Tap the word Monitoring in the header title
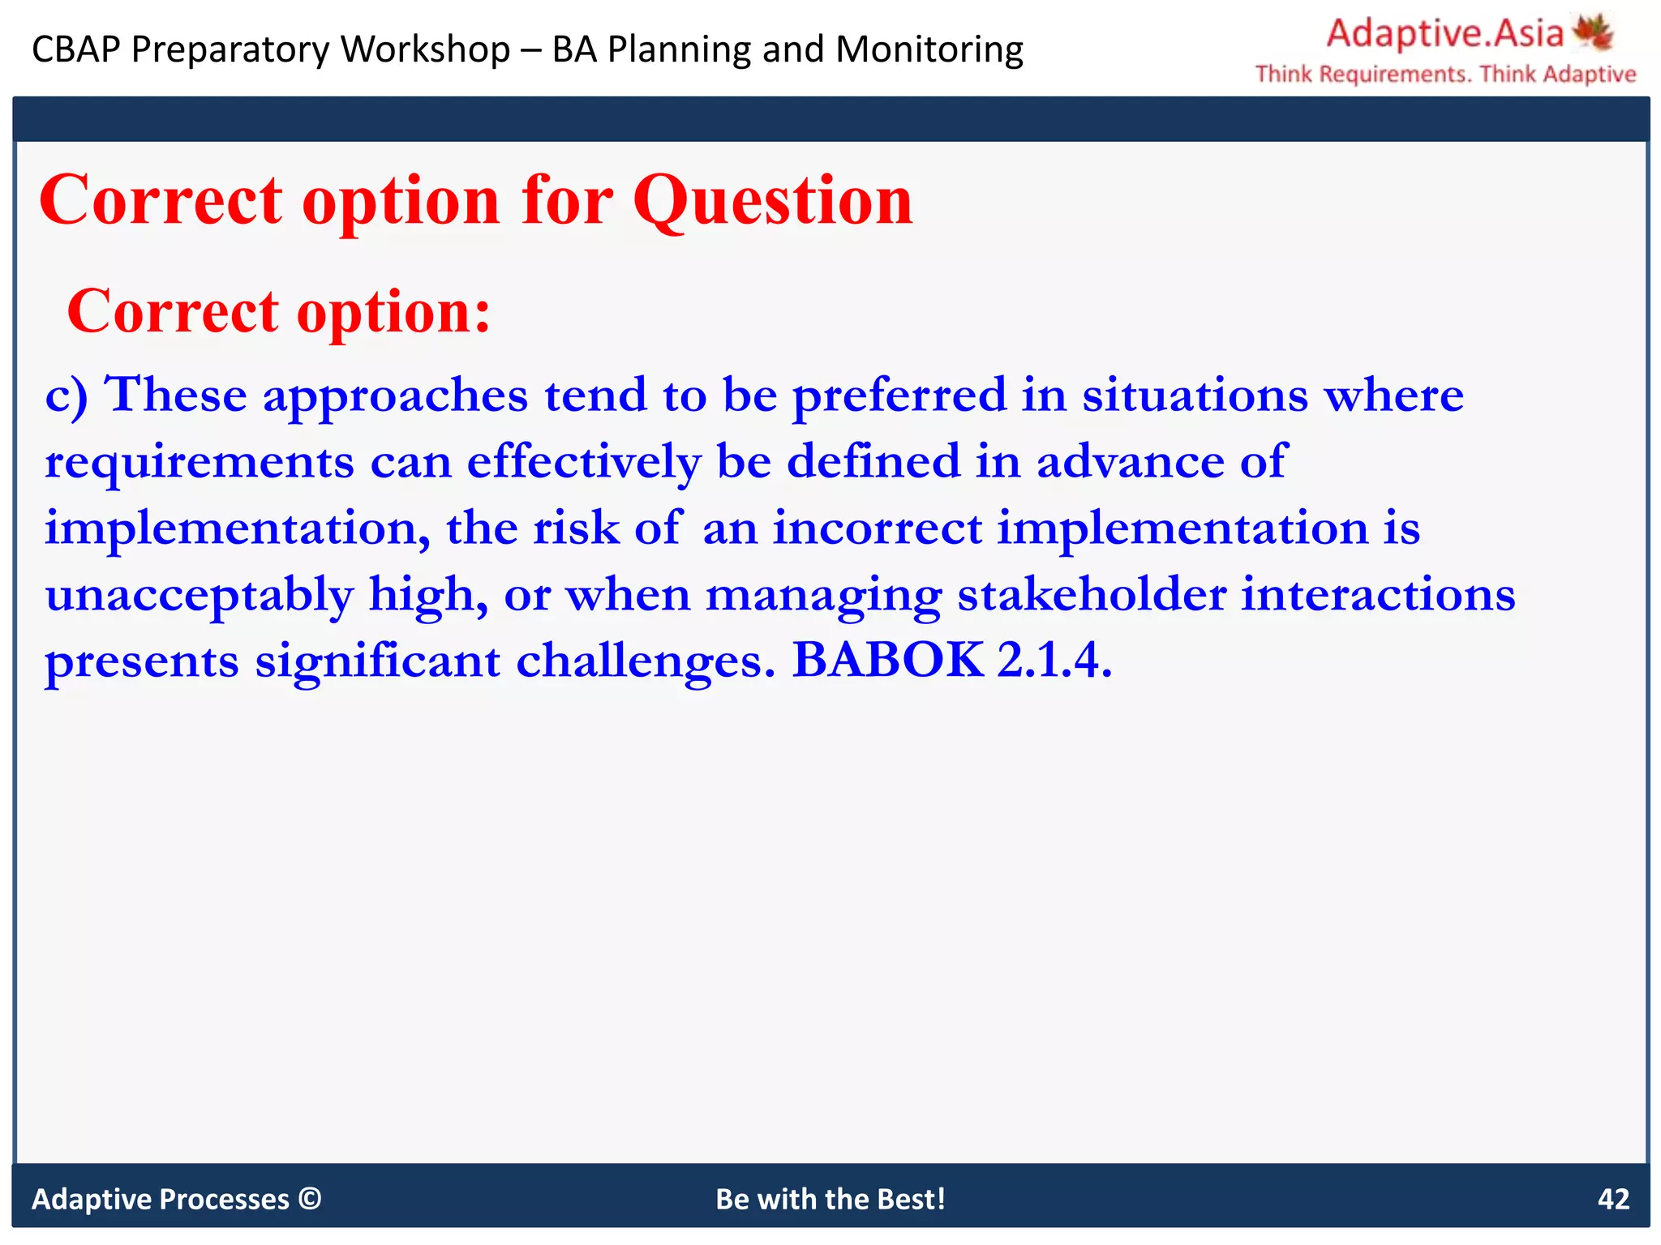point(929,49)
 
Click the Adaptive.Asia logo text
point(1444,33)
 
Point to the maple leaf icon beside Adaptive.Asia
point(1593,32)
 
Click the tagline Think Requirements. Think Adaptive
point(1445,75)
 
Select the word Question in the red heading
point(772,200)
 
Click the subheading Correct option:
point(279,311)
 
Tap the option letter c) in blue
point(67,396)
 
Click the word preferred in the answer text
point(899,396)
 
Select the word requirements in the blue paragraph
point(199,463)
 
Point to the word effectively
point(583,463)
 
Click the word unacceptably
point(199,596)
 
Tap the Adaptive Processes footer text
point(160,1199)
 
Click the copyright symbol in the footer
point(310,1198)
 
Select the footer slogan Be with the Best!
point(830,1199)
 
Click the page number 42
point(1612,1199)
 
